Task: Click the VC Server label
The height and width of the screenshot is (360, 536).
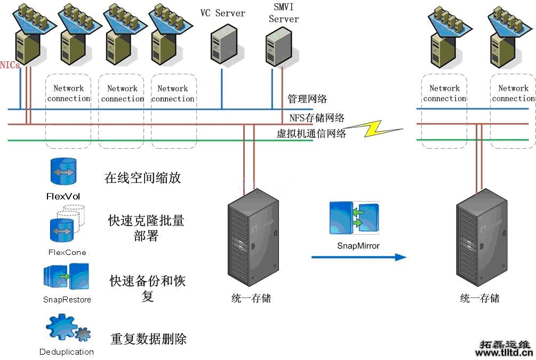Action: point(222,13)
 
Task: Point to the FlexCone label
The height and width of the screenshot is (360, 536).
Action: point(67,252)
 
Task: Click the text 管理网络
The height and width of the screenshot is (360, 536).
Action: point(307,99)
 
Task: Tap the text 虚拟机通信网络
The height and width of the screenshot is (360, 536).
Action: point(311,133)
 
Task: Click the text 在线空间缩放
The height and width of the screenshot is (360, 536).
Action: point(142,178)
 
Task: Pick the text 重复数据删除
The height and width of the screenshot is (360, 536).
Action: point(148,339)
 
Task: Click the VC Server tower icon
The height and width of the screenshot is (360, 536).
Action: point(223,45)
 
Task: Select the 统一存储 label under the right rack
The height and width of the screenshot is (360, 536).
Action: point(479,298)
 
